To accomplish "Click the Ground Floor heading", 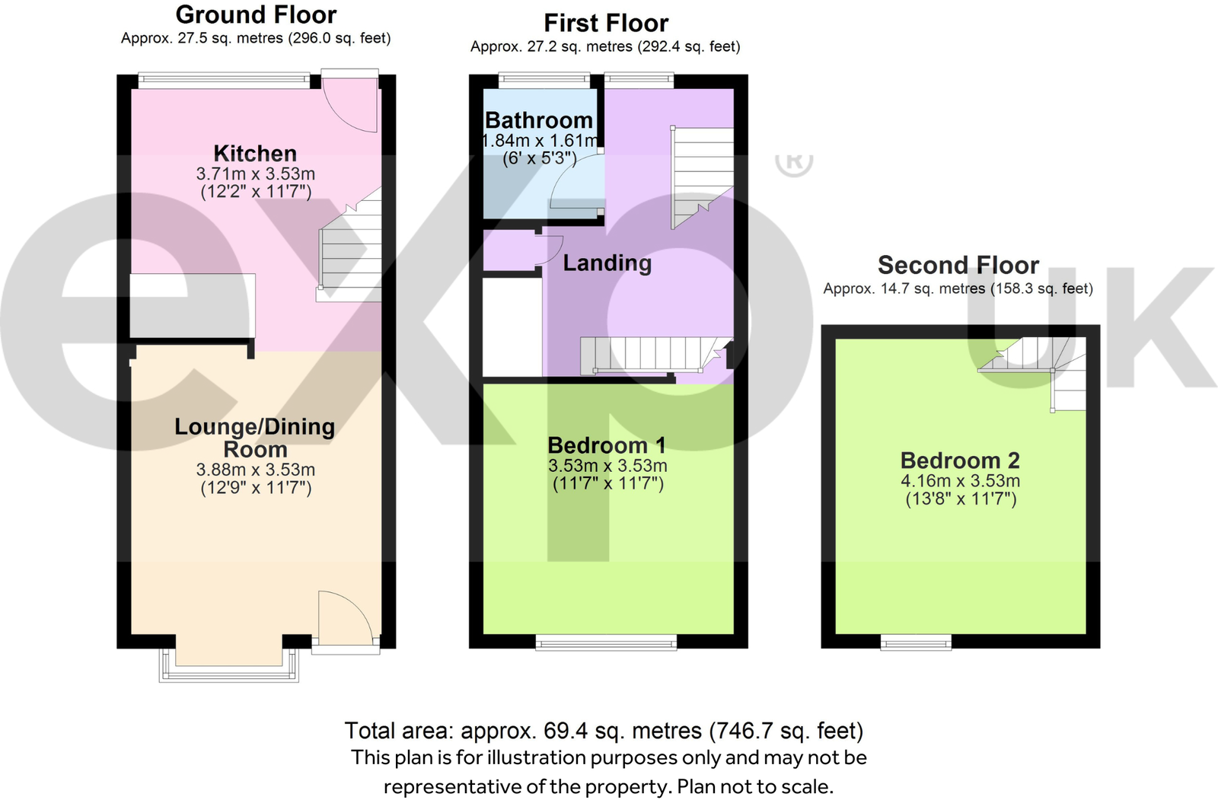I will tap(256, 14).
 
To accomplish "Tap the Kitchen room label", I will tap(255, 153).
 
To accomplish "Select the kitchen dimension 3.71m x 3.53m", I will tap(255, 174).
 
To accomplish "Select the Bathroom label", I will tap(538, 120).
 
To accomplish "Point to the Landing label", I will tap(607, 263).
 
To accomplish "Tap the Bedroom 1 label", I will tap(607, 445).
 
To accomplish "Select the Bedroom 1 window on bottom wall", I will tap(607, 643).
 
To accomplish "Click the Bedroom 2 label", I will tap(959, 460).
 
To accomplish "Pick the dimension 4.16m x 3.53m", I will tap(960, 480).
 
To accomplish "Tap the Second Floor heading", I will tap(958, 265).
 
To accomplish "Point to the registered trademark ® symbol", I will tap(794, 162).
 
